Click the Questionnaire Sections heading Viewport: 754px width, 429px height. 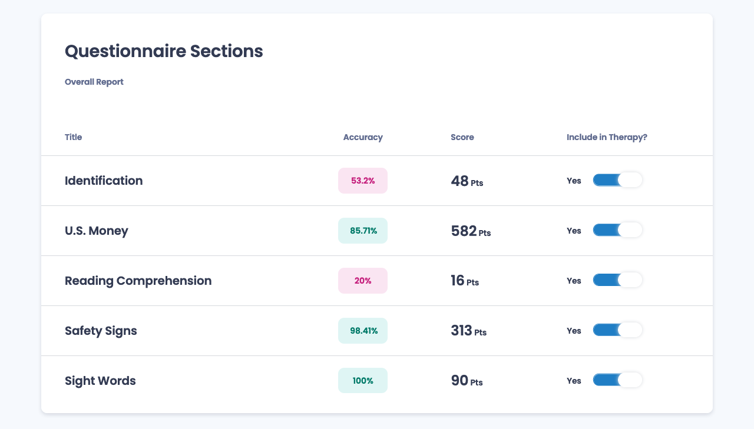coord(164,51)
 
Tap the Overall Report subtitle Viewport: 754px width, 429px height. coord(94,82)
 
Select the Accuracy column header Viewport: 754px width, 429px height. coord(363,137)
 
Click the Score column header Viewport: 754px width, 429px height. coord(462,137)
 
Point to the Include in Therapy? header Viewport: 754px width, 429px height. coord(607,137)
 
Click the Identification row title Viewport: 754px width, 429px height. coord(104,181)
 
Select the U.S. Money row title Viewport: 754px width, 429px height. coord(97,231)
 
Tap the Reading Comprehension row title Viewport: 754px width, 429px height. coord(138,281)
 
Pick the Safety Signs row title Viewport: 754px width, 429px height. coord(101,331)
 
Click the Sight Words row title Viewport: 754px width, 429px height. coord(100,381)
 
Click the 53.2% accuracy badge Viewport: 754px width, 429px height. coord(363,181)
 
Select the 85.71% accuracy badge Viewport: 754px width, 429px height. coord(363,231)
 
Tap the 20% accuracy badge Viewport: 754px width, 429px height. coord(363,281)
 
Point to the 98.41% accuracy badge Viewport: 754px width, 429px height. coord(363,331)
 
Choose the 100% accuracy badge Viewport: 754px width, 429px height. coord(363,381)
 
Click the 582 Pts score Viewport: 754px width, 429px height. coord(471,231)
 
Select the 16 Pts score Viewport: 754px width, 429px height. coord(465,281)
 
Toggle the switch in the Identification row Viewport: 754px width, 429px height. coord(617,180)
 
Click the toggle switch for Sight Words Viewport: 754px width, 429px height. coord(617,380)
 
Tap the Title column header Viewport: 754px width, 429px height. coord(74,137)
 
